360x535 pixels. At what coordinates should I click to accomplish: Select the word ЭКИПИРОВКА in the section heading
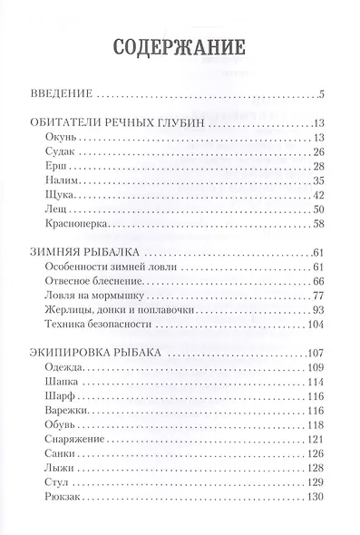click(x=74, y=355)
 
